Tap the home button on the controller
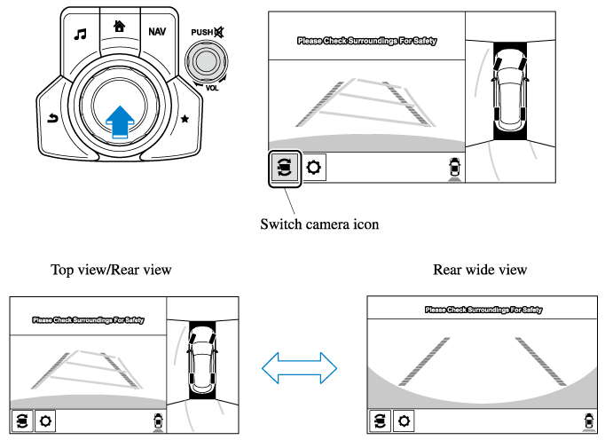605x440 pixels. (119, 27)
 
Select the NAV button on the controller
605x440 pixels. (157, 31)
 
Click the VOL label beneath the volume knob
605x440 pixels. (211, 89)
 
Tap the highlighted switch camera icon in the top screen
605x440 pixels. (284, 167)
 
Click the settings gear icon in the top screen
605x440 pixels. (314, 167)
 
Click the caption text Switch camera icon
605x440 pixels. (319, 224)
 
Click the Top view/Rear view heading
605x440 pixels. (111, 270)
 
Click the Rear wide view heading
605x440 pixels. (480, 270)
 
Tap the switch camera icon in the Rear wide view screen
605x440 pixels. (381, 420)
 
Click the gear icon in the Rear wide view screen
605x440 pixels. (404, 420)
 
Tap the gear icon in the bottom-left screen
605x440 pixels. (45, 420)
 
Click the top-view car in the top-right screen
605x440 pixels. (507, 87)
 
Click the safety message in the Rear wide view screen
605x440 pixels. (483, 310)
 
